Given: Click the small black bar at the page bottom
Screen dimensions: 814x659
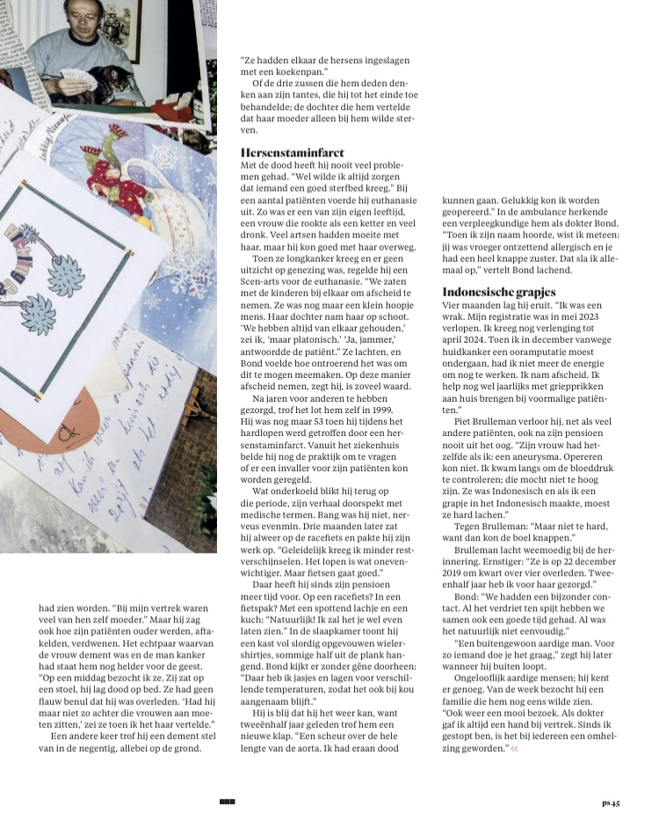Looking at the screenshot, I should click(228, 801).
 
